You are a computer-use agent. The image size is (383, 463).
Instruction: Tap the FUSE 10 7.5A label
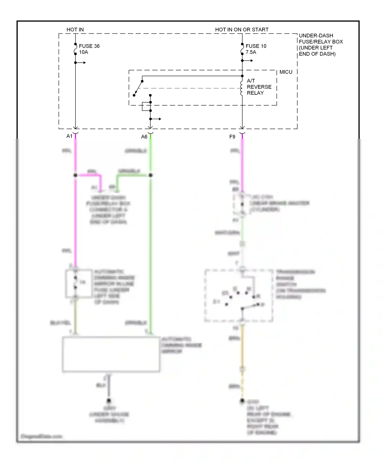coord(256,49)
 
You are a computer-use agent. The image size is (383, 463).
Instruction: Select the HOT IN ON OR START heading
coord(242,30)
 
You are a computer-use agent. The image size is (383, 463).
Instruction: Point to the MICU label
coord(286,72)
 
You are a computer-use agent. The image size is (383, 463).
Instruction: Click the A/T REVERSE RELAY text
coord(259,87)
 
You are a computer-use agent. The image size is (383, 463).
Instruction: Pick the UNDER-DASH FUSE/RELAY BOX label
coord(320,45)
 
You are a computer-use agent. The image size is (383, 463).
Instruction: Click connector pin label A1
coord(69,136)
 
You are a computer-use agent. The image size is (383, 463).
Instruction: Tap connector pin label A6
coord(144,137)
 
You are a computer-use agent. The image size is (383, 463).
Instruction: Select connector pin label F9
coord(232,137)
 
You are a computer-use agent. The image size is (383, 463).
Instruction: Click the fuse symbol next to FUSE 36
coord(75,49)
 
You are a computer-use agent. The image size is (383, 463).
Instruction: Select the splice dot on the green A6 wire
coord(150,175)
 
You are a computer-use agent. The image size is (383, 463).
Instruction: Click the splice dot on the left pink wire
coord(75,175)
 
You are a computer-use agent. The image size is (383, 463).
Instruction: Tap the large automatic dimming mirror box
coord(111,354)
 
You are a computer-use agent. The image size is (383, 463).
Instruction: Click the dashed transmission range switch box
coord(239,295)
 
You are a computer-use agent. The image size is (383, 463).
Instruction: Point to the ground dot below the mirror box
coord(109,400)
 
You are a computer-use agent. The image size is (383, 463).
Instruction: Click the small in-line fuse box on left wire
coord(79,283)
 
